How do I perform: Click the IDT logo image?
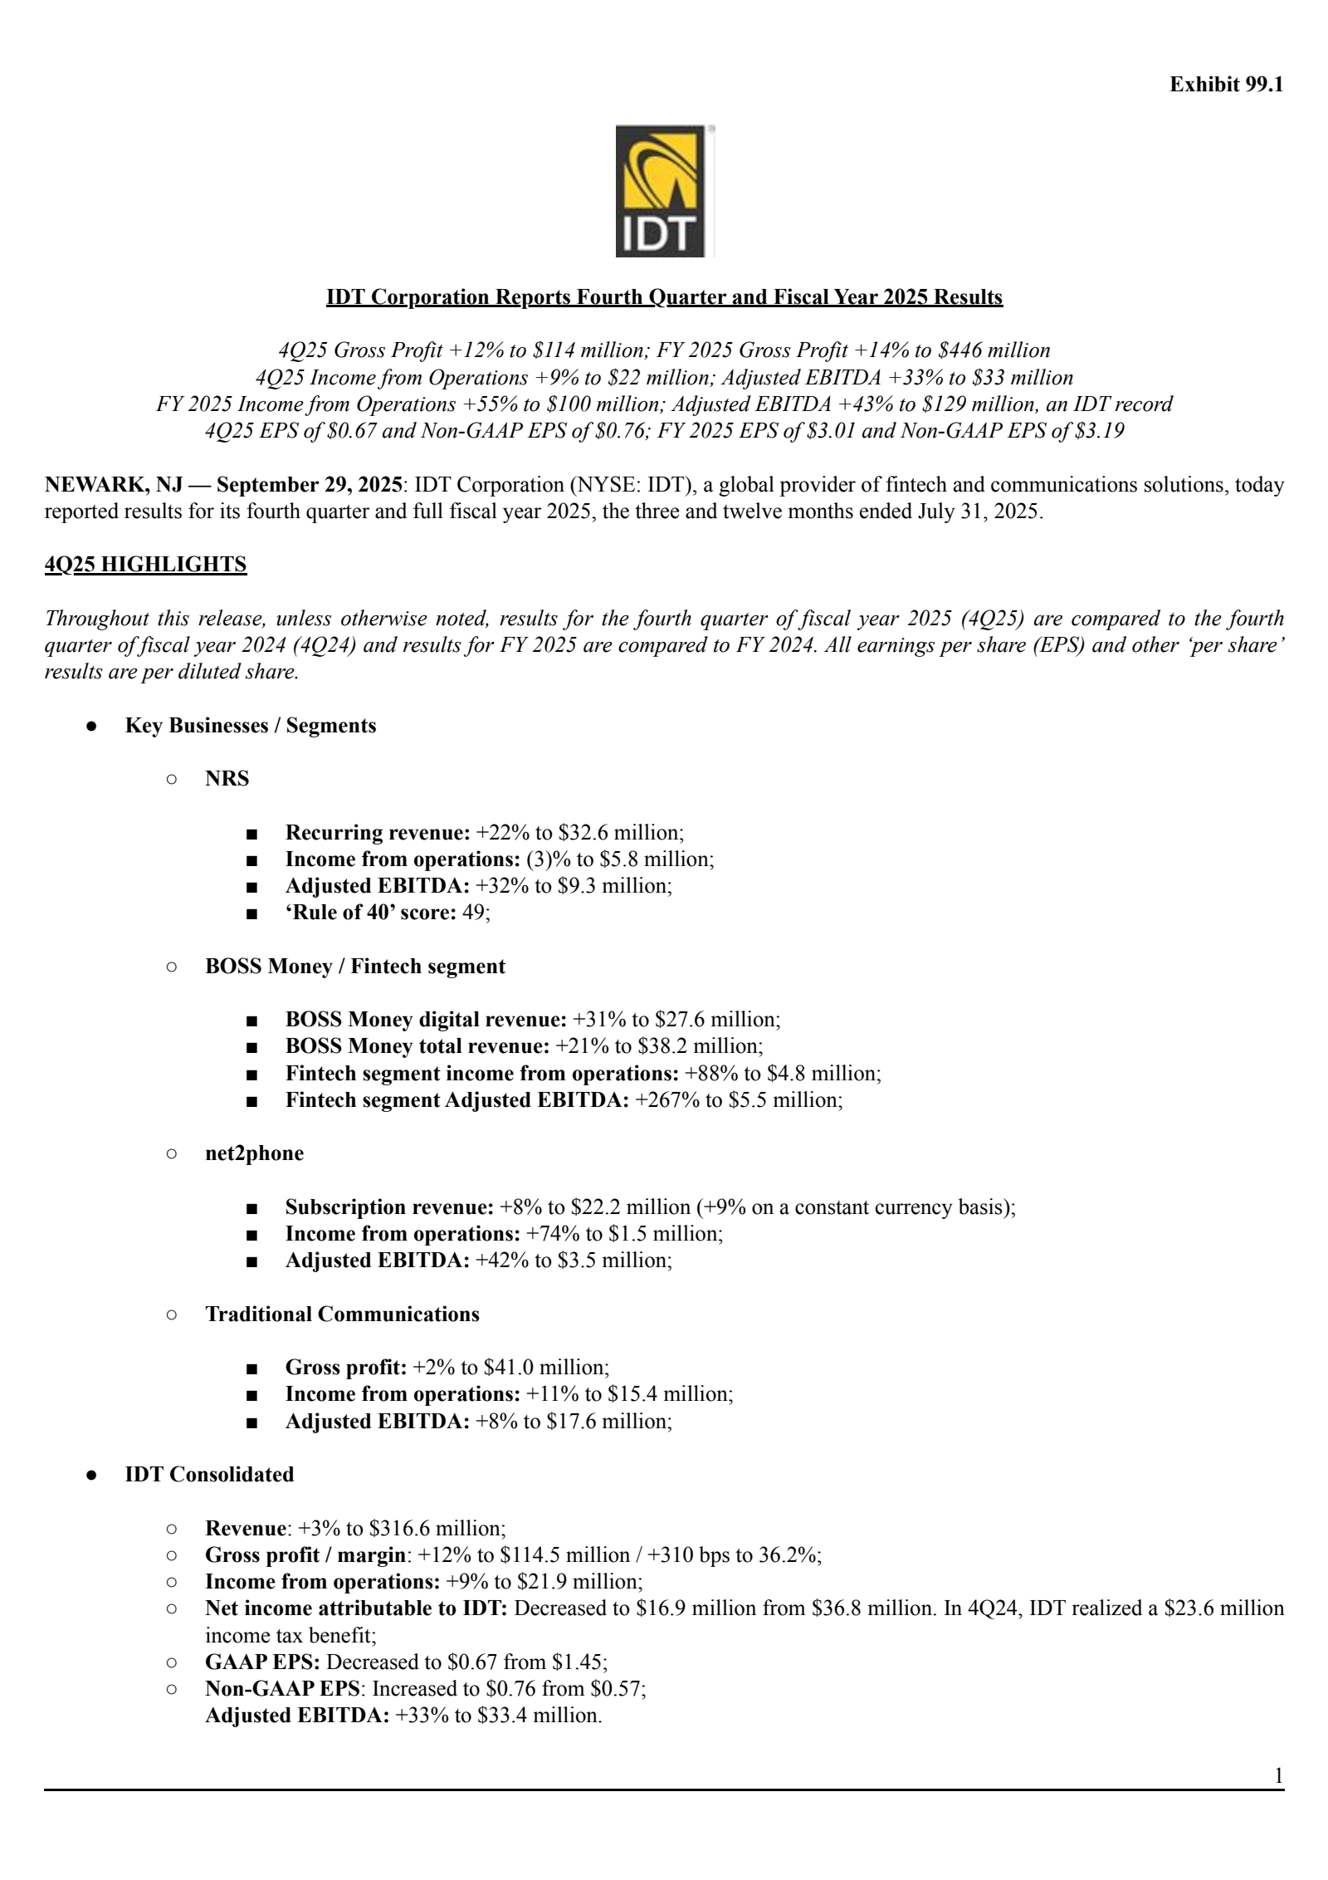[664, 191]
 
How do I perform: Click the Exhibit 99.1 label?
[1226, 85]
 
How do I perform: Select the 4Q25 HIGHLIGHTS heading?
[145, 565]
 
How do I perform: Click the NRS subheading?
[227, 779]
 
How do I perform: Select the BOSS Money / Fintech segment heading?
[355, 967]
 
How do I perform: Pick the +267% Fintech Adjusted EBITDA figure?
[667, 1100]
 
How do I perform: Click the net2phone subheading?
[254, 1153]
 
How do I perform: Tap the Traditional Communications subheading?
[342, 1315]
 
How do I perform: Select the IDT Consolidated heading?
[209, 1475]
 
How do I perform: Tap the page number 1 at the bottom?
[1278, 1776]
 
